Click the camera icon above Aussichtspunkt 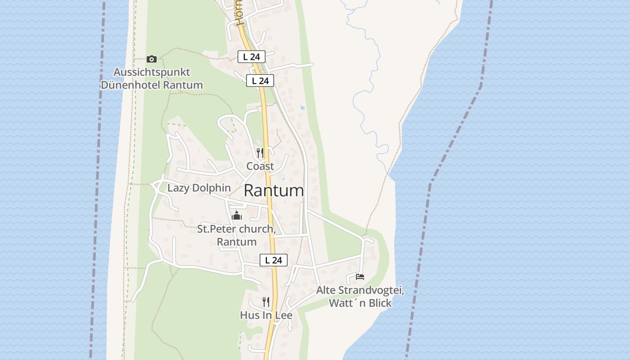tap(152, 59)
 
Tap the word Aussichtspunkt tap(152, 72)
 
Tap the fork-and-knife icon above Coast tap(260, 153)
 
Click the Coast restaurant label tap(260, 166)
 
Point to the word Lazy tap(178, 188)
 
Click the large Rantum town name tap(274, 191)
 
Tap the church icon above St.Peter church tap(237, 216)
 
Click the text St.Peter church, tap(236, 229)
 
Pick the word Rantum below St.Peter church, tap(237, 242)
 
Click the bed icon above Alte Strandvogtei tap(360, 277)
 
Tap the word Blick tap(380, 303)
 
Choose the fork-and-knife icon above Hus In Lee tap(266, 301)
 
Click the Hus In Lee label tap(266, 315)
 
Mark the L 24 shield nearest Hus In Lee tap(273, 260)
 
